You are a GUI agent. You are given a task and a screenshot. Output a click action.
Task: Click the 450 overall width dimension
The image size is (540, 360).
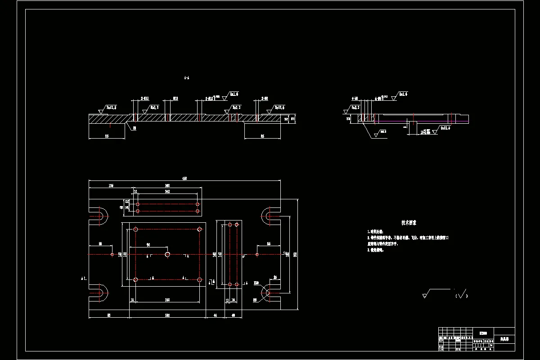184,179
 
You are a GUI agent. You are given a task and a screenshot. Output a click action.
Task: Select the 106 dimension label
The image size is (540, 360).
111,185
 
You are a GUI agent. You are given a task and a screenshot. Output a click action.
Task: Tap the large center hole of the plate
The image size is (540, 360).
167,254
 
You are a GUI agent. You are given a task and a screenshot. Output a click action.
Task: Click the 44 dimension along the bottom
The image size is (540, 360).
215,316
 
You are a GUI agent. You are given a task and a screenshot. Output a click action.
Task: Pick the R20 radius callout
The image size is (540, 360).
256,283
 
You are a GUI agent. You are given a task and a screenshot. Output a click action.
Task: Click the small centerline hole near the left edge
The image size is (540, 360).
112,254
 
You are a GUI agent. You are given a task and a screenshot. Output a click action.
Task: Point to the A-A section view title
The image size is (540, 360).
187,77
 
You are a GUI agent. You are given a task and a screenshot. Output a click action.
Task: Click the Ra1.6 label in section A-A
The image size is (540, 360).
234,94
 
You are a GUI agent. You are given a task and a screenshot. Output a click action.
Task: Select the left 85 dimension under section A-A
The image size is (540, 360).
107,135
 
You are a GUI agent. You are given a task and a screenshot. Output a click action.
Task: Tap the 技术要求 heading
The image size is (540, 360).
409,223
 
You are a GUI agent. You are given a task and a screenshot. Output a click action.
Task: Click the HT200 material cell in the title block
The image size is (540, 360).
483,333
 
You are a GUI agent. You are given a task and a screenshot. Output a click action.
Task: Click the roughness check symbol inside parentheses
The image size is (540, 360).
462,294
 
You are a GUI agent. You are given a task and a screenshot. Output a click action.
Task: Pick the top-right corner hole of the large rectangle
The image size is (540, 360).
199,229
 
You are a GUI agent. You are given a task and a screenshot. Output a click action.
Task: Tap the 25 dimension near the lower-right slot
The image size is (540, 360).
275,278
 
